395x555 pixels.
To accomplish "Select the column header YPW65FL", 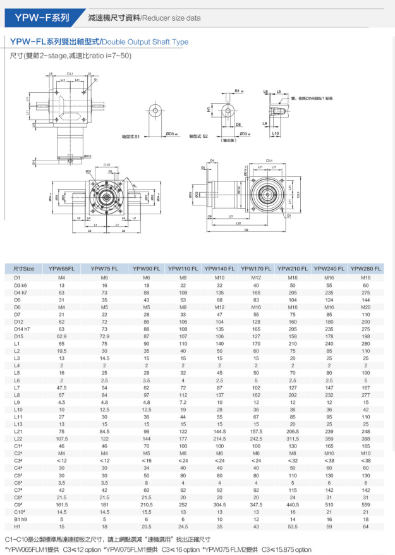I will click(61, 269).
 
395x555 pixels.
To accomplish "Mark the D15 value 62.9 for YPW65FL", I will click(61, 336).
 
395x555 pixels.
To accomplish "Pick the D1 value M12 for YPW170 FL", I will click(256, 276).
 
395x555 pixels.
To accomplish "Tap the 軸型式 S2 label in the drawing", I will click(190, 136).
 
